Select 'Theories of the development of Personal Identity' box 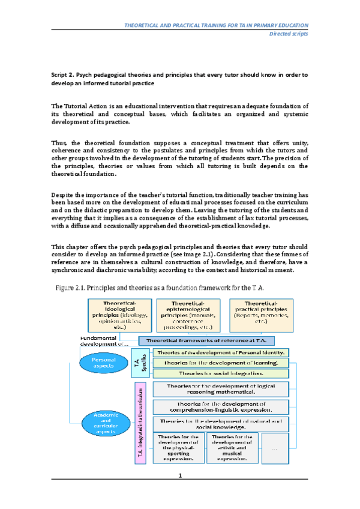tap(221, 352)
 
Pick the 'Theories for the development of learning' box tap(221, 363)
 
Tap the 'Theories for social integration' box tap(221, 373)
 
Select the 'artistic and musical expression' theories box tap(231, 448)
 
